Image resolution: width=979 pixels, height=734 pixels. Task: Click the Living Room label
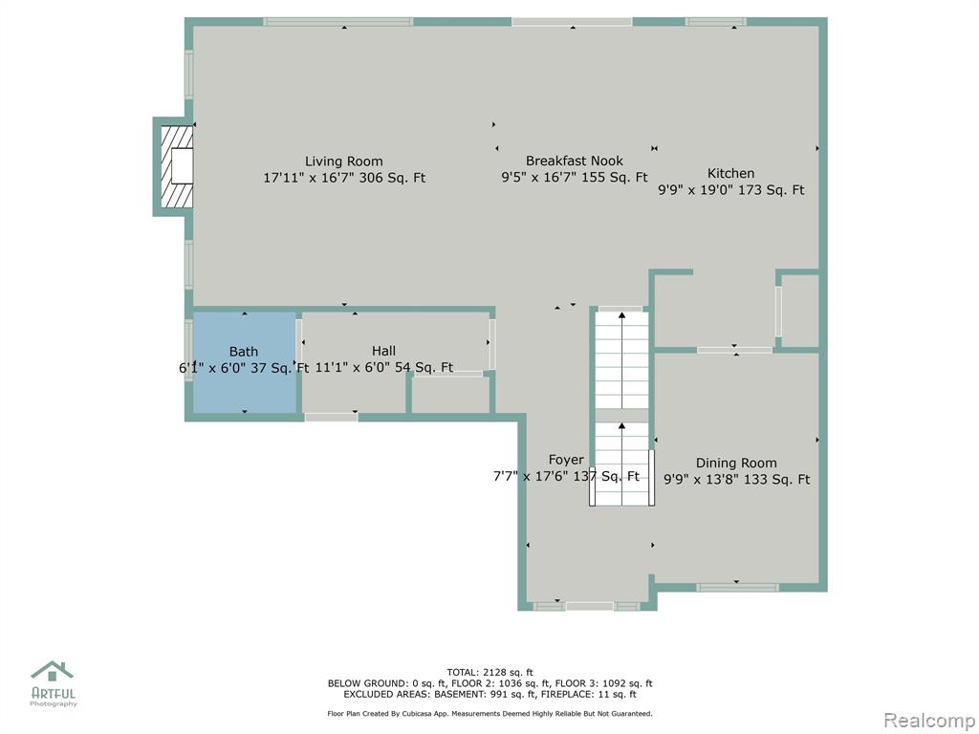[x=343, y=161]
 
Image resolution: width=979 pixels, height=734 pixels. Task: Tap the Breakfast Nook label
[x=575, y=161]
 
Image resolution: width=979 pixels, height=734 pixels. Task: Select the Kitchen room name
[x=730, y=174]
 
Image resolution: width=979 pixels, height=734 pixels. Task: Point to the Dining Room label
[x=736, y=464]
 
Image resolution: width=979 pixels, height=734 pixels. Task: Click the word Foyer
[x=566, y=460]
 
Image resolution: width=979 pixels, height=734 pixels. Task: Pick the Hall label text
[x=383, y=351]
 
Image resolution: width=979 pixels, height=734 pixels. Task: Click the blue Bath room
[x=244, y=362]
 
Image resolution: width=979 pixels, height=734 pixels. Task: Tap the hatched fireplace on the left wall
[x=177, y=166]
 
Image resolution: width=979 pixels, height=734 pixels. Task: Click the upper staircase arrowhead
[x=621, y=315]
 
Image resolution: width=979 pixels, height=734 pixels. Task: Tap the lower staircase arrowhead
[x=621, y=426]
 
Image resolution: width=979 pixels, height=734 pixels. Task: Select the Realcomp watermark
[x=930, y=721]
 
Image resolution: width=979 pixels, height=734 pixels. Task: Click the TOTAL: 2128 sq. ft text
[x=489, y=672]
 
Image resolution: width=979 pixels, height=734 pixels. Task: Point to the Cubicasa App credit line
[x=489, y=713]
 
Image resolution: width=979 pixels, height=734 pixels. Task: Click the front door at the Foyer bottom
[x=590, y=606]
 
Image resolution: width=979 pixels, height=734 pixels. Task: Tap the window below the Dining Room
[x=737, y=588]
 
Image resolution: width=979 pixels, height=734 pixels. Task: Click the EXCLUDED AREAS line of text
[x=489, y=694]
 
